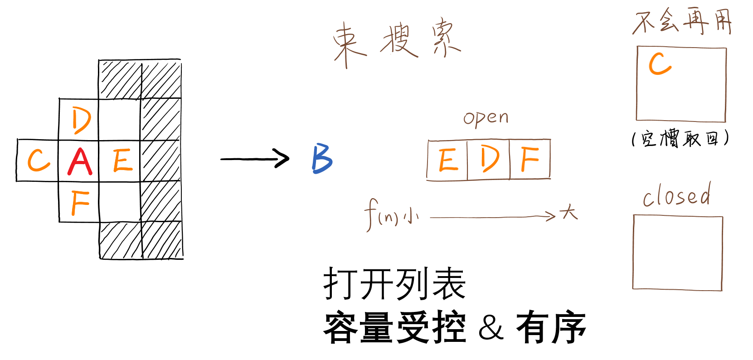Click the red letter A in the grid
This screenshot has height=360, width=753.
[80, 161]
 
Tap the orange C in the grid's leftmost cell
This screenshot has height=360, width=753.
[39, 161]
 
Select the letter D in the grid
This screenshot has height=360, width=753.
[81, 121]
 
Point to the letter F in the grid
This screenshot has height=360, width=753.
[80, 203]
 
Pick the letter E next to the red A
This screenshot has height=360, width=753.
[122, 161]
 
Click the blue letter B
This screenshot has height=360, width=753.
[322, 158]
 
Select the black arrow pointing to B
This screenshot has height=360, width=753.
[255, 159]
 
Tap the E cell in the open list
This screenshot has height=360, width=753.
[448, 160]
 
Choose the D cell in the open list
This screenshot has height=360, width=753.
[489, 159]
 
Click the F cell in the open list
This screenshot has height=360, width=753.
[530, 159]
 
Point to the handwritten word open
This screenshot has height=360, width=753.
[486, 118]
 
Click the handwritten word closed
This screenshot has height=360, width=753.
[676, 196]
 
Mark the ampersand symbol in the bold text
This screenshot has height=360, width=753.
[491, 327]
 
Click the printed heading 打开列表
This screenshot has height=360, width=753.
[394, 284]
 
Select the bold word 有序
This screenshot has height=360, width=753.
[551, 327]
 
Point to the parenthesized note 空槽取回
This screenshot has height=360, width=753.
[680, 138]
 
